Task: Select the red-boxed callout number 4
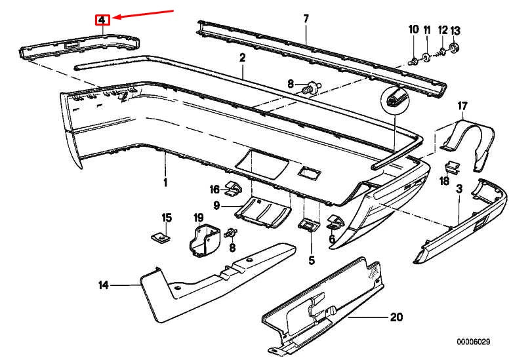102,20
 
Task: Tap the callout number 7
305,18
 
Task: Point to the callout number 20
396,317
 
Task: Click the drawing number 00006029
474,342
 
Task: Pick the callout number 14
102,285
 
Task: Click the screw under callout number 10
413,60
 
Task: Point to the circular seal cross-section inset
395,102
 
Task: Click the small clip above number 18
451,167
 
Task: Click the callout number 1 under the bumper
165,182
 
